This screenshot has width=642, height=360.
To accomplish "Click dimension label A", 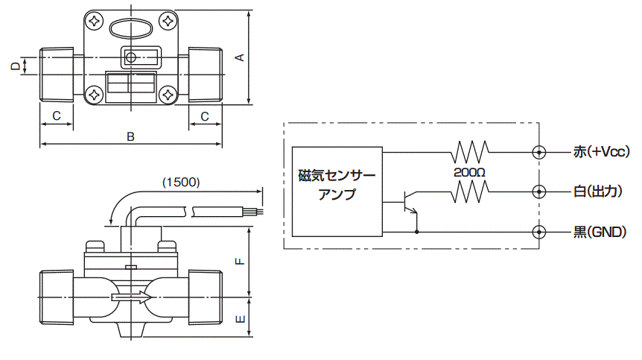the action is pyautogui.click(x=241, y=57).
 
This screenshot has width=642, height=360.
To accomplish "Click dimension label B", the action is pyautogui.click(x=130, y=136).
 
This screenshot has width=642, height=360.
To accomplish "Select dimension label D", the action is pyautogui.click(x=16, y=66).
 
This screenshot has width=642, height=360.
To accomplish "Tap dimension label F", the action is pyautogui.click(x=241, y=262).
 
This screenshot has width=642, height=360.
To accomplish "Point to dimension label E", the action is pyautogui.click(x=241, y=319).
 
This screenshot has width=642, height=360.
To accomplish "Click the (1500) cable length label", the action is pyautogui.click(x=181, y=183).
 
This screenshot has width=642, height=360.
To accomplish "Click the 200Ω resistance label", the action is pyautogui.click(x=469, y=172).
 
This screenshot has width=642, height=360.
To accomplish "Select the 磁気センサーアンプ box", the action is pyautogui.click(x=337, y=192).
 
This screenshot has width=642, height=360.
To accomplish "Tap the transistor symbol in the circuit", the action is pyautogui.click(x=410, y=202).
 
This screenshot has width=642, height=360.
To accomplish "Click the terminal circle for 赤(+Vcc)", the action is pyautogui.click(x=538, y=152).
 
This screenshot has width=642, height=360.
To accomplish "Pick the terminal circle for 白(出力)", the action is pyautogui.click(x=538, y=192).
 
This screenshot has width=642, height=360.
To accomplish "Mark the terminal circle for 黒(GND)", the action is pyautogui.click(x=538, y=232).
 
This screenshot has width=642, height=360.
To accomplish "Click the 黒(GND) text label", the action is pyautogui.click(x=600, y=233).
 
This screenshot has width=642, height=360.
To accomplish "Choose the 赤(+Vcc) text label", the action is pyautogui.click(x=601, y=152).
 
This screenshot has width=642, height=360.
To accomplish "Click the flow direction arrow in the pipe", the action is pyautogui.click(x=132, y=297).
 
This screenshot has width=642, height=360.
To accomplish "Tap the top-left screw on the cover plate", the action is pyautogui.click(x=95, y=21).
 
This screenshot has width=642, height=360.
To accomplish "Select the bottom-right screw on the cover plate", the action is pyautogui.click(x=168, y=95).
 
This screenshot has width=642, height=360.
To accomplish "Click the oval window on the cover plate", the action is pyautogui.click(x=130, y=28).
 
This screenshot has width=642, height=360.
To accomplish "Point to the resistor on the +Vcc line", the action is pyautogui.click(x=470, y=152).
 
